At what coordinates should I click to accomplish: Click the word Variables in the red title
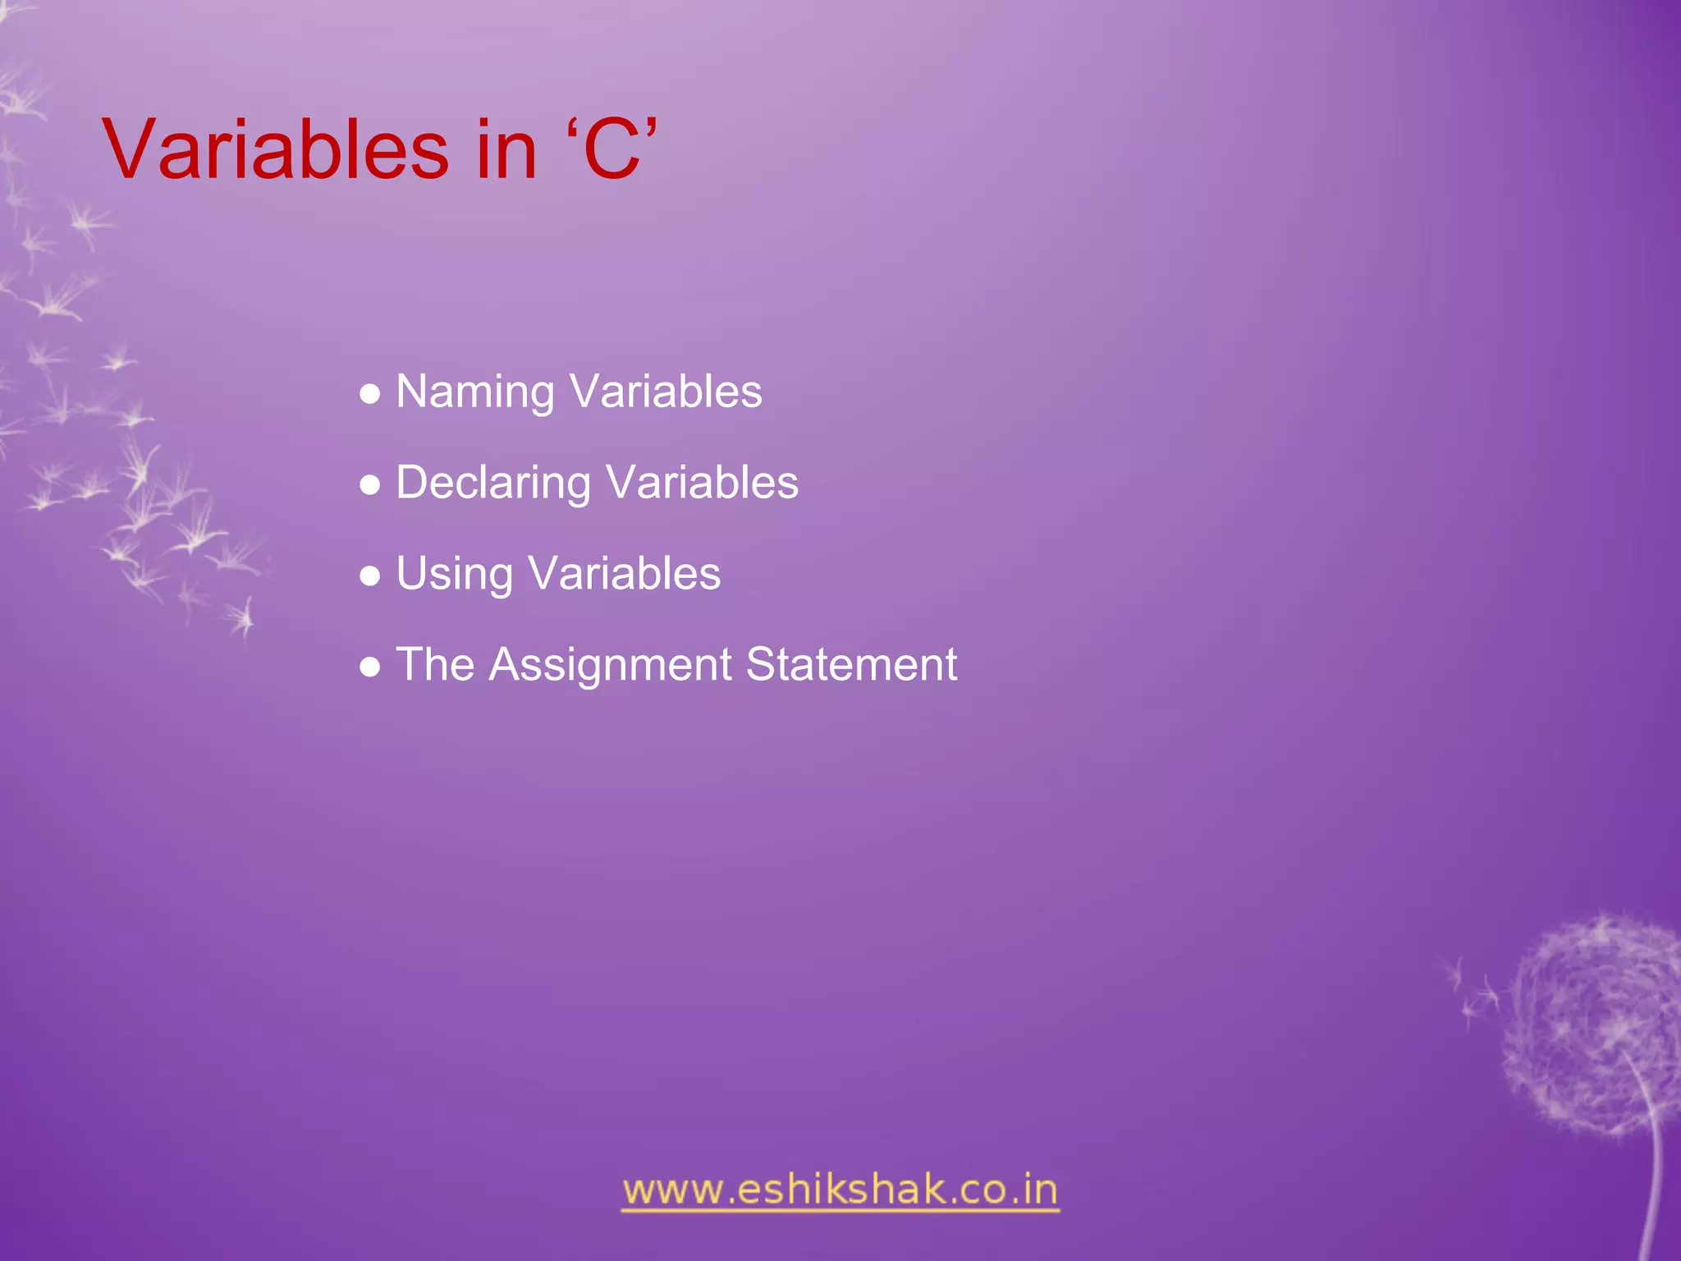pos(276,149)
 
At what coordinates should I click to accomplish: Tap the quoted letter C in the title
pos(611,149)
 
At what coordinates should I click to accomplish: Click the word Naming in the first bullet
pos(474,392)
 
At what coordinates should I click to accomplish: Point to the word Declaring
pos(492,483)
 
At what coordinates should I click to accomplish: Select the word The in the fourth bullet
pos(435,664)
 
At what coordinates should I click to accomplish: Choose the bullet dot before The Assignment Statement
pos(370,667)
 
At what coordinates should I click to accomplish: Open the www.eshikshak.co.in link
pos(840,1190)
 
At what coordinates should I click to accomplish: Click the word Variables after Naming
pos(666,392)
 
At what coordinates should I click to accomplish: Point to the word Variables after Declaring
pos(702,483)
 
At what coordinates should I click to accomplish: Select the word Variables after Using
pos(625,574)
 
